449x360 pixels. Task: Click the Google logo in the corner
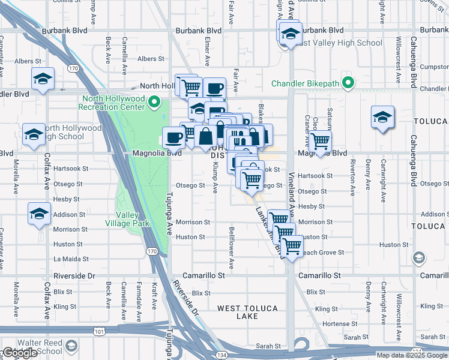pyautogui.click(x=19, y=353)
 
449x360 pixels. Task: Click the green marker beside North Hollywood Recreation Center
pyautogui.click(x=155, y=102)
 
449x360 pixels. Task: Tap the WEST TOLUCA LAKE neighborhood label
pyautogui.click(x=247, y=312)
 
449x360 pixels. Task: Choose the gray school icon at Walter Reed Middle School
pyautogui.click(x=71, y=346)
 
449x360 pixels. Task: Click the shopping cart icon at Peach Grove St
pyautogui.click(x=292, y=245)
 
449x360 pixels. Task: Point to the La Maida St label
pyautogui.click(x=71, y=259)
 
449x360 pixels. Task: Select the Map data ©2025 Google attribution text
pyautogui.click(x=411, y=355)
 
